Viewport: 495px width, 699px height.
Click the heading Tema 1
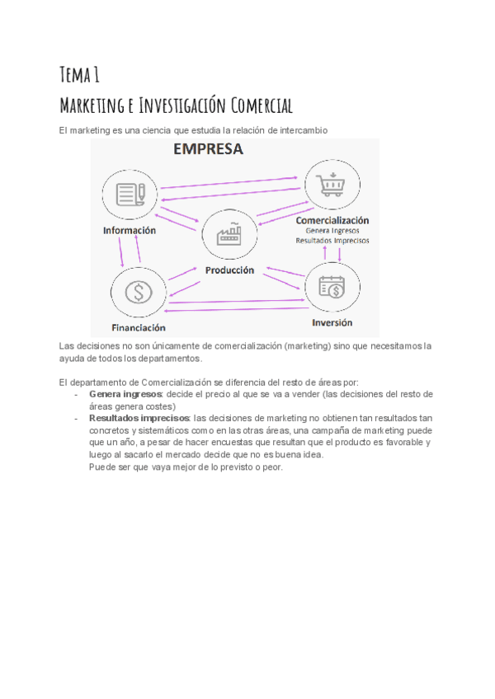pyautogui.click(x=80, y=75)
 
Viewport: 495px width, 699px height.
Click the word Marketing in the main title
pyautogui.click(x=92, y=106)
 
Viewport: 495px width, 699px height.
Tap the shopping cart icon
pyautogui.click(x=332, y=185)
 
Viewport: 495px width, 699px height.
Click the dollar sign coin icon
pyautogui.click(x=137, y=291)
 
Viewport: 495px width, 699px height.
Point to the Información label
pyautogui.click(x=130, y=231)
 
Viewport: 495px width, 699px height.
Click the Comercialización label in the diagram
pyautogui.click(x=332, y=220)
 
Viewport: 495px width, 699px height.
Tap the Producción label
pyautogui.click(x=229, y=270)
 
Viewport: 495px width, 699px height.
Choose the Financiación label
pyautogui.click(x=139, y=328)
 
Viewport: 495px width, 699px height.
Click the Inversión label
pyautogui.click(x=332, y=322)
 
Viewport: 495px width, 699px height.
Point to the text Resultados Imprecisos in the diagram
pyautogui.click(x=332, y=241)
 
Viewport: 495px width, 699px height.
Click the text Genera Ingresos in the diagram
pyautogui.click(x=332, y=231)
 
